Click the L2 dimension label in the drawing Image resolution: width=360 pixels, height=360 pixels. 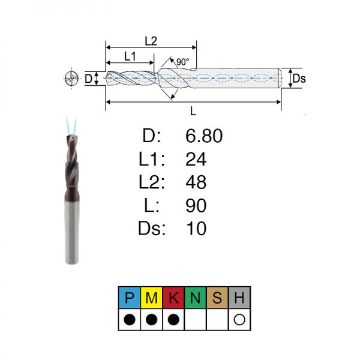(x=151, y=41)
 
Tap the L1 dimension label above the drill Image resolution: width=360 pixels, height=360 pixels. (x=130, y=56)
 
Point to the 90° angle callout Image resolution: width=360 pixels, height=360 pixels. (x=183, y=62)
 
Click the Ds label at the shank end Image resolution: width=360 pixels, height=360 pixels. (x=299, y=79)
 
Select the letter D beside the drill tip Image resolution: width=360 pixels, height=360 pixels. (x=88, y=79)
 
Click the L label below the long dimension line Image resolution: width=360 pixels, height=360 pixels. (x=193, y=112)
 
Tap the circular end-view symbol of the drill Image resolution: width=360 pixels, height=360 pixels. (x=71, y=78)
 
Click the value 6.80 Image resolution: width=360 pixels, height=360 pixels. (x=204, y=136)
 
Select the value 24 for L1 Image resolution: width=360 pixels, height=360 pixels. (x=196, y=159)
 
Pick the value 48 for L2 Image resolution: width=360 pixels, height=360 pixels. (x=196, y=182)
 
